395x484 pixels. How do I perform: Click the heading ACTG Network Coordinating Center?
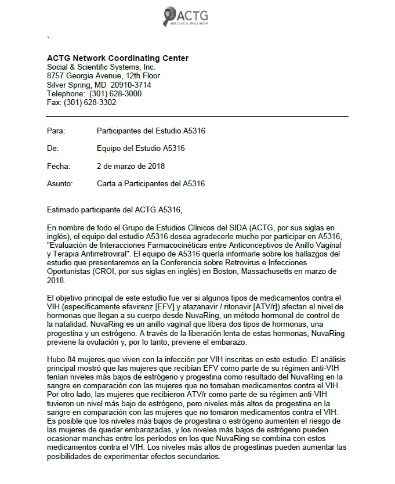pos(117,58)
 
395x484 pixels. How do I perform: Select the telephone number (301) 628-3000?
pos(114,93)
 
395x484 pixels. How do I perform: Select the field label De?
pos(53,149)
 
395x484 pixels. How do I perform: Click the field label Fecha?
pos(58,166)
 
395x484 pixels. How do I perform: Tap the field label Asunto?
pos(60,184)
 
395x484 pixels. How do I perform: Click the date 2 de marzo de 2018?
pos(131,166)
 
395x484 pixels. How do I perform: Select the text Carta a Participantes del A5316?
pos(151,184)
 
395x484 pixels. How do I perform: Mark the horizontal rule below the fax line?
pos(197,117)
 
